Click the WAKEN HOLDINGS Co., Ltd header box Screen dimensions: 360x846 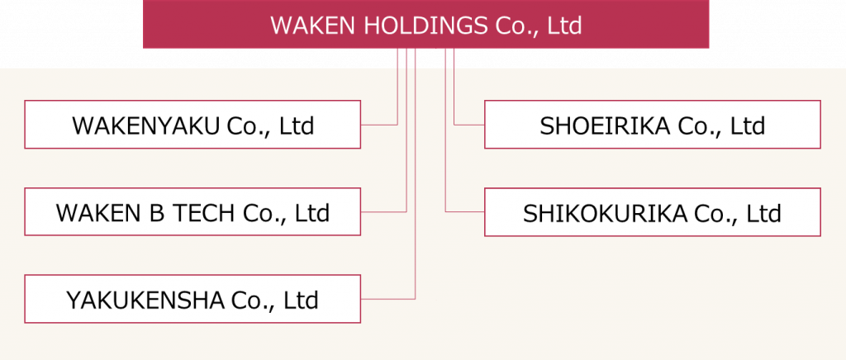coord(425,25)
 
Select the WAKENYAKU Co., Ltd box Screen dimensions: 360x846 coord(192,125)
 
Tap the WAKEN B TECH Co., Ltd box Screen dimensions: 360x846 coord(192,212)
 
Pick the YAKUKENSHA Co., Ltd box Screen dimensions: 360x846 coord(192,299)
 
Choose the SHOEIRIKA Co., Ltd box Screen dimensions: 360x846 coord(652,125)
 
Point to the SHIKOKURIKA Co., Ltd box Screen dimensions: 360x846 coord(652,212)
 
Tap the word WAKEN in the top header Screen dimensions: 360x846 coord(314,26)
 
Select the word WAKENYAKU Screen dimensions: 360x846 coord(145,126)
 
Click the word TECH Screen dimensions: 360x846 coord(204,213)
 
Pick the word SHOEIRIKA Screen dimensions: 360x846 coord(606,126)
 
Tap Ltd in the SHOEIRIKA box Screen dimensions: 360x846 coord(748,126)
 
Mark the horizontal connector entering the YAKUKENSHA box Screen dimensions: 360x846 coord(387,298)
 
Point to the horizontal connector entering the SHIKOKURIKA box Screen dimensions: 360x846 coord(465,211)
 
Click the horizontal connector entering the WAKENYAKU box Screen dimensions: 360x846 coord(379,125)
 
